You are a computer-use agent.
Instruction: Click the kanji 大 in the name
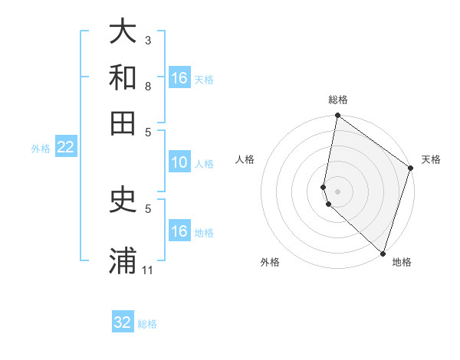[123, 32]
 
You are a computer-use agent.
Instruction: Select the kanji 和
[123, 77]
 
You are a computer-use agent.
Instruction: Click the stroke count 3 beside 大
[149, 39]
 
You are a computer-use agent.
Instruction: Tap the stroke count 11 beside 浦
[149, 270]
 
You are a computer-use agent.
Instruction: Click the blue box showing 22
[65, 147]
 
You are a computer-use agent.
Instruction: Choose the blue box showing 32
[123, 322]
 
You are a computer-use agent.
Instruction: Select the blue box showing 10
[179, 162]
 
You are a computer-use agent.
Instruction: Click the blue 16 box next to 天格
[179, 78]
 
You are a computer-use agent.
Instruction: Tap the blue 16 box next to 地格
[179, 231]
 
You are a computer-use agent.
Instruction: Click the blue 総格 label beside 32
[147, 324]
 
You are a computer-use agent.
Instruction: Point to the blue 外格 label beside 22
[41, 149]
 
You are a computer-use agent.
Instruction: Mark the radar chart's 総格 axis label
[338, 100]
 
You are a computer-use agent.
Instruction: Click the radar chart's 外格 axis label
[270, 262]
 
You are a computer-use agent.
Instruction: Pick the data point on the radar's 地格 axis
[383, 254]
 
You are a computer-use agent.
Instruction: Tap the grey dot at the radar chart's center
[337, 191]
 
